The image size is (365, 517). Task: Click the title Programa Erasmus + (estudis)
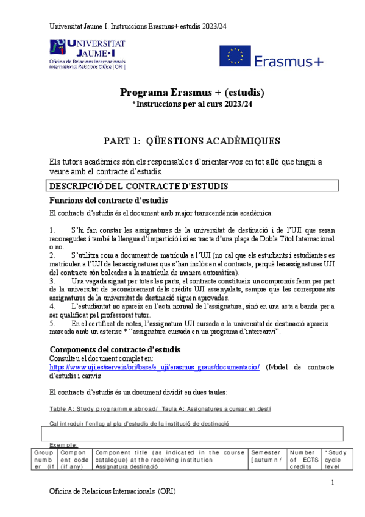pos(192,93)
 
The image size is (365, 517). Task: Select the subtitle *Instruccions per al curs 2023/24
pos(192,104)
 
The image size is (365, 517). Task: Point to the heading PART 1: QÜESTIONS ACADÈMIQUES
pos(192,141)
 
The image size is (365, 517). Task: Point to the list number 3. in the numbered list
pos(52,281)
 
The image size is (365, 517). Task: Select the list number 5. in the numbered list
pos(52,323)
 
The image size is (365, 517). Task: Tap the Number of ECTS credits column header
pos(303,460)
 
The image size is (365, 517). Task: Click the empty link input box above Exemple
pos(191,433)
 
